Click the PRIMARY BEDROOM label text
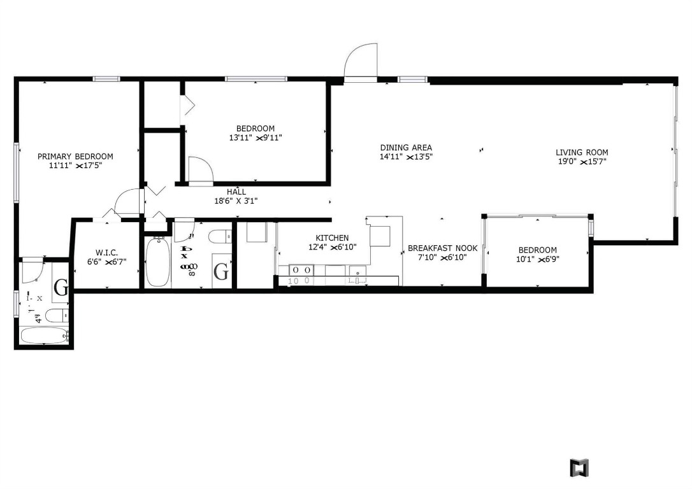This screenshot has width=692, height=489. [x=75, y=157]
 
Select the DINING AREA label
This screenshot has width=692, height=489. [x=406, y=148]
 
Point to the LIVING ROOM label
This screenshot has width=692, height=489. [x=581, y=152]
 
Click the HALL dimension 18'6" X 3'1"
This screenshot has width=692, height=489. [x=236, y=201]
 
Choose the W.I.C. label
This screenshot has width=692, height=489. [x=106, y=253]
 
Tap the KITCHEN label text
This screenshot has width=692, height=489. [x=332, y=237]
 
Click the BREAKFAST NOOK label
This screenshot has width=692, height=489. [x=442, y=248]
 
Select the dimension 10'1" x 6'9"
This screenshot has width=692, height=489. [x=537, y=259]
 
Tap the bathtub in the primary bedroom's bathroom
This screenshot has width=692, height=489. [x=43, y=335]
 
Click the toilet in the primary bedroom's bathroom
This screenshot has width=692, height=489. [x=56, y=315]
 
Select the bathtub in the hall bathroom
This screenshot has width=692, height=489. [x=157, y=262]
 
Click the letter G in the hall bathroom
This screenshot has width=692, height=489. [x=220, y=273]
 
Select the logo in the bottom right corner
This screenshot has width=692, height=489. [x=579, y=467]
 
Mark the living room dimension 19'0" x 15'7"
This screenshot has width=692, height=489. [x=581, y=162]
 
